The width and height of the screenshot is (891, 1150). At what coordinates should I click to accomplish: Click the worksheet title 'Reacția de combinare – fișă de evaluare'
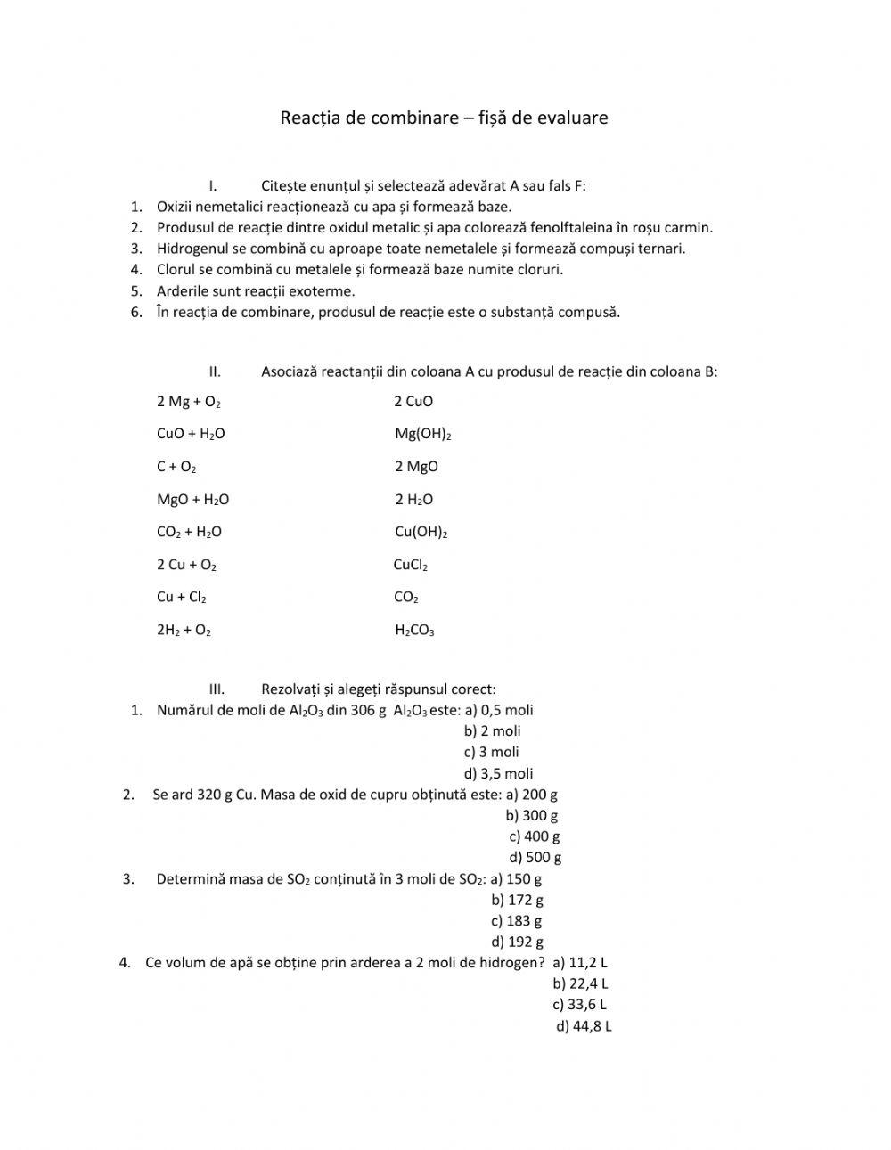[444, 118]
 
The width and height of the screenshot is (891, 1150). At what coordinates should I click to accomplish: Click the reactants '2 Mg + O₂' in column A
[189, 402]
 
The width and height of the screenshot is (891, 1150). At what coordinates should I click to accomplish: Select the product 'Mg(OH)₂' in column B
[423, 435]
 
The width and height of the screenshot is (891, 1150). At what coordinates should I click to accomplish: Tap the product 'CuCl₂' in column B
[411, 565]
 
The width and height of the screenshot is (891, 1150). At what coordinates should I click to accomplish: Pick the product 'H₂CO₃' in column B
[414, 631]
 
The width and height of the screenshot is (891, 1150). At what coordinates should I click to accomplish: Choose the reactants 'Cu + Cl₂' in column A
[182, 598]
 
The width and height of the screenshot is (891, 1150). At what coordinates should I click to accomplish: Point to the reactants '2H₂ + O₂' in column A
[184, 631]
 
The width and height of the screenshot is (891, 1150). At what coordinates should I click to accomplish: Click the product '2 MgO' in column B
[417, 467]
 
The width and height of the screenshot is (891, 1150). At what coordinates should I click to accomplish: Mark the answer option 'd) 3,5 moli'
[498, 773]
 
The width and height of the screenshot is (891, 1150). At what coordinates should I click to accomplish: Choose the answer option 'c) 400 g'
[535, 836]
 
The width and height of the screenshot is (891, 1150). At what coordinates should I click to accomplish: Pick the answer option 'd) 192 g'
[517, 942]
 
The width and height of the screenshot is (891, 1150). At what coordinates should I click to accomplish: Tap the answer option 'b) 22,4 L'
[580, 983]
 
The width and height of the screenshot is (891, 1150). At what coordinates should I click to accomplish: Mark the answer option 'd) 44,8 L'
[584, 1026]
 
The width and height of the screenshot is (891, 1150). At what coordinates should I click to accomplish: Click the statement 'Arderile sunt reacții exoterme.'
[256, 291]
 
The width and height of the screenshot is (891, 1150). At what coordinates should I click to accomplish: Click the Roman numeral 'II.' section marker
[215, 371]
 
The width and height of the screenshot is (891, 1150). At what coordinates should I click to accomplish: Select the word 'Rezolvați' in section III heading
[290, 689]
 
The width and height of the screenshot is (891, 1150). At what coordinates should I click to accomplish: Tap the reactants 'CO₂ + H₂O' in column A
[189, 533]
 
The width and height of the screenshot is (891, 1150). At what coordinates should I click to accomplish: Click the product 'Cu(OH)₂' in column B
[421, 533]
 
